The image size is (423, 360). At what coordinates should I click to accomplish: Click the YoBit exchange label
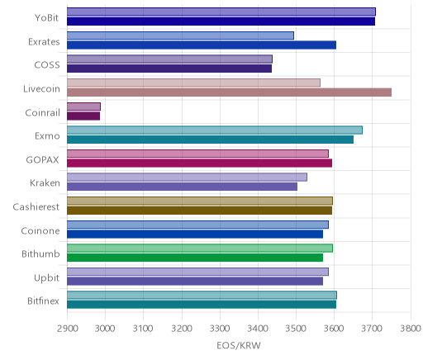pyautogui.click(x=46, y=18)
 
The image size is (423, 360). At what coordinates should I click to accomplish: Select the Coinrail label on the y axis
pyautogui.click(x=42, y=113)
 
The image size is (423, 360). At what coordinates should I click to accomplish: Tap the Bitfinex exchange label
pyautogui.click(x=43, y=301)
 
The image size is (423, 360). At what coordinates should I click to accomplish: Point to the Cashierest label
pyautogui.click(x=36, y=206)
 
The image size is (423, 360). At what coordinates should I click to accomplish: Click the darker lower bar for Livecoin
pyautogui.click(x=229, y=92)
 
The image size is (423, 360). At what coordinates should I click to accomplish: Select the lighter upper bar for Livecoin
pyautogui.click(x=193, y=83)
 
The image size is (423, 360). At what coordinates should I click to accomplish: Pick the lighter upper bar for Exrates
pyautogui.click(x=180, y=36)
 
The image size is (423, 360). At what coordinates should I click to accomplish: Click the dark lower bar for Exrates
pyautogui.click(x=202, y=45)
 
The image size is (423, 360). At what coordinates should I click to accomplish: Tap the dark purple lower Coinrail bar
pyautogui.click(x=83, y=116)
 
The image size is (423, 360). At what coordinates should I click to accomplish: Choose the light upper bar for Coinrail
pyautogui.click(x=83, y=107)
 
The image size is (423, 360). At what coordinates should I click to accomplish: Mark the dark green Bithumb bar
pyautogui.click(x=195, y=258)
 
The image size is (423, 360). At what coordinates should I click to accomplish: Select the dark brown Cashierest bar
pyautogui.click(x=199, y=211)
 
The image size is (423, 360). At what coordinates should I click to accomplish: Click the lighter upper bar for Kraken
pyautogui.click(x=187, y=178)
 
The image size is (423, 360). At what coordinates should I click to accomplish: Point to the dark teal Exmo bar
pyautogui.click(x=210, y=140)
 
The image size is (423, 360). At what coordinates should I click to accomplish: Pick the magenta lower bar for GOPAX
pyautogui.click(x=199, y=163)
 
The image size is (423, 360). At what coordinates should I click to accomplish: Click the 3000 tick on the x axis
pyautogui.click(x=105, y=329)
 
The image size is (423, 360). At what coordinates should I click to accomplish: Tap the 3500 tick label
pyautogui.click(x=296, y=329)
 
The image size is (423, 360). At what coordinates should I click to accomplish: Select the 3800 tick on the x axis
pyautogui.click(x=411, y=329)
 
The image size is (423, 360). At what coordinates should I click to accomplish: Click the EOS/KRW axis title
pyautogui.click(x=239, y=346)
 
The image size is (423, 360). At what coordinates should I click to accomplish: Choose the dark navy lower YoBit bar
pyautogui.click(x=221, y=21)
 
